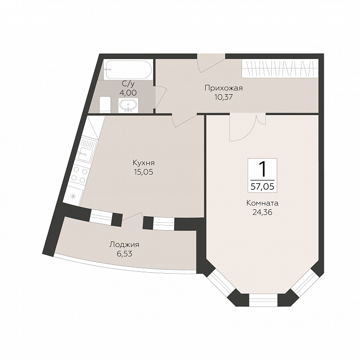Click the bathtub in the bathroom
(x=128, y=69)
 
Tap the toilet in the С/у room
(x=106, y=105)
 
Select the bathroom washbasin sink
(x=128, y=106)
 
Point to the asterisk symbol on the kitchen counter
(x=73, y=196)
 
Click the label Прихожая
(x=224, y=88)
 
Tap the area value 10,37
(x=224, y=97)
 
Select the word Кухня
(x=144, y=163)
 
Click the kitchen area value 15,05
(x=144, y=172)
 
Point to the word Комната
(x=262, y=203)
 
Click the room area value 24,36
(x=262, y=212)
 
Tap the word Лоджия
(x=124, y=245)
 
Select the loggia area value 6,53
(x=124, y=254)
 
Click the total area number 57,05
(x=262, y=186)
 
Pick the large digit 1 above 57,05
(x=262, y=169)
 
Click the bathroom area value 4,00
(x=128, y=93)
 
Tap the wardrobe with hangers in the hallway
(x=280, y=68)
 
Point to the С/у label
(x=128, y=84)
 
